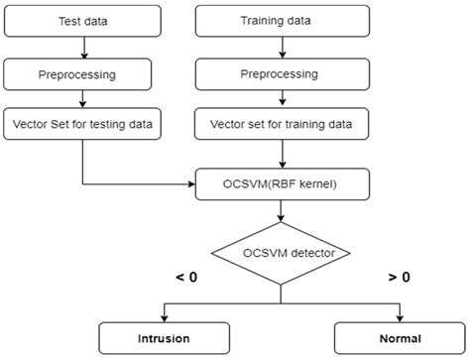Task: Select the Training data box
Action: (283, 20)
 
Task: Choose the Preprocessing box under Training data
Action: (283, 73)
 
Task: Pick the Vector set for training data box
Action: (283, 127)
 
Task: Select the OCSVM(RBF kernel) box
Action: (283, 183)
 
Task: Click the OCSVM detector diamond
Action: (283, 253)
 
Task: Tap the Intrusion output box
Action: (164, 338)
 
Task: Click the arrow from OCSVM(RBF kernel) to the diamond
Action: (283, 211)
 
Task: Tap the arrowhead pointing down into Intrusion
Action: (164, 316)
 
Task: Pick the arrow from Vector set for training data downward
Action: (283, 154)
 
